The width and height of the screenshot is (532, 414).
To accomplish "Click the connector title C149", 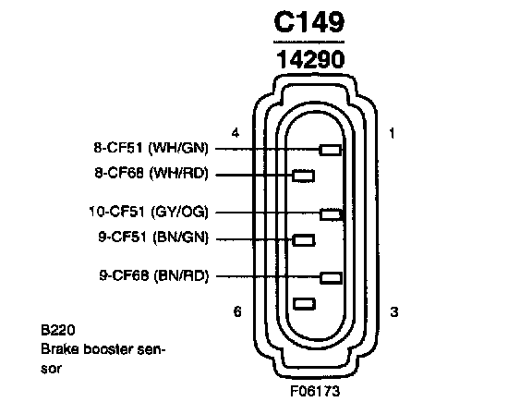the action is tap(309, 22).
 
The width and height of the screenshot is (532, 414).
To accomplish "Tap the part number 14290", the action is tap(310, 60).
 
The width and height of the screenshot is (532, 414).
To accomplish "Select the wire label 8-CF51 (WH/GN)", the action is tap(151, 148).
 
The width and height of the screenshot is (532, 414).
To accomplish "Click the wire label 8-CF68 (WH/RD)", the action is tap(151, 174).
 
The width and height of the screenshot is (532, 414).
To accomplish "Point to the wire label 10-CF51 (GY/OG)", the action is tap(149, 212).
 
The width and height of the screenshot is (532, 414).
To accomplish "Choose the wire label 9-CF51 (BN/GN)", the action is tap(153, 237).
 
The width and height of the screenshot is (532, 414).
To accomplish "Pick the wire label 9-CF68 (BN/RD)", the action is tap(153, 275).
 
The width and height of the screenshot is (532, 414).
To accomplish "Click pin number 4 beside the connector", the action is tap(236, 133).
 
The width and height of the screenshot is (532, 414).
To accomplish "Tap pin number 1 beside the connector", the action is tap(392, 133).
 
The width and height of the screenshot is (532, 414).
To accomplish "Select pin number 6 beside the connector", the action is tap(237, 311).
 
